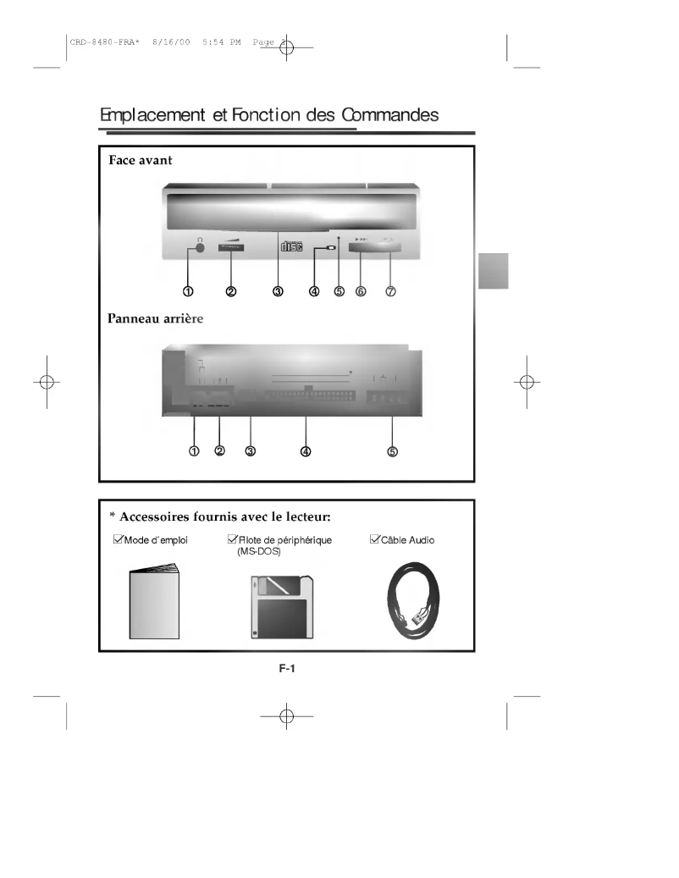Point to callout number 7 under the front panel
(390, 291)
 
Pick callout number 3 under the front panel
(278, 291)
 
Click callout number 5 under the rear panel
(392, 451)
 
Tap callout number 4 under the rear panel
(306, 451)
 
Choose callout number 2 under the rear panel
(220, 451)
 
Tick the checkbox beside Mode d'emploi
(118, 539)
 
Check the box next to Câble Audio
(376, 539)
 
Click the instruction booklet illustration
(154, 605)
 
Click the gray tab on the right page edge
(493, 271)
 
